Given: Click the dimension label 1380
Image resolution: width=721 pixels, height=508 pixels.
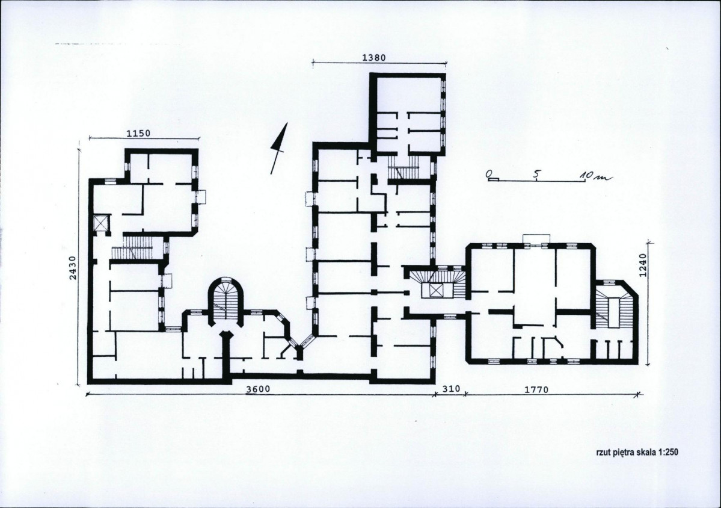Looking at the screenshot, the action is [374, 58].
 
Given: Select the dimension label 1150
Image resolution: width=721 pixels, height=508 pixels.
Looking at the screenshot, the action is [138, 134].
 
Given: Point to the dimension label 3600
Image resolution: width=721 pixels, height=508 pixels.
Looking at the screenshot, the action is [258, 389].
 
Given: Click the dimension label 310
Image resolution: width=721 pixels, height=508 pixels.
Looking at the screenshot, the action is [451, 389].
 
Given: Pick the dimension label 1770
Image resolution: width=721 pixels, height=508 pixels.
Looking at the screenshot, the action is [536, 390].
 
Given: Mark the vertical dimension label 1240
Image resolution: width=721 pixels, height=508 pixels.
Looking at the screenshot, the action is [643, 265].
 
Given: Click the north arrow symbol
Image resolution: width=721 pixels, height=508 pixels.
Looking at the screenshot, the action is [278, 148].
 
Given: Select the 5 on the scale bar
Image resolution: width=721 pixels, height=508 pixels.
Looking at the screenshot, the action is [536, 175].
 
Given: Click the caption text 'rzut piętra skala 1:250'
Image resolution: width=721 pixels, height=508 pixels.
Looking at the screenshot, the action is [636, 452].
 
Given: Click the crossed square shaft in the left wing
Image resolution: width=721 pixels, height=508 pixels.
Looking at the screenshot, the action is [100, 223].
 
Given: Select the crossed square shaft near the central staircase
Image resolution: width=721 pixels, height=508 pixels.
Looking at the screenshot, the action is [435, 291].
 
